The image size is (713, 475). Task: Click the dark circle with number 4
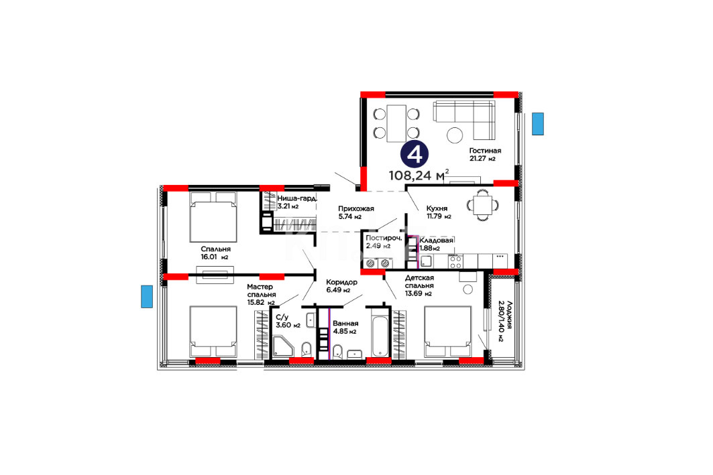pos(415,154)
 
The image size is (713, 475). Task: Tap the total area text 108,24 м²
pos(419,175)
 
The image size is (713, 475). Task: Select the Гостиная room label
pos(485,151)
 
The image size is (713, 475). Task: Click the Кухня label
pos(437,208)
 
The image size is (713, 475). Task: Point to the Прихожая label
pos(355,208)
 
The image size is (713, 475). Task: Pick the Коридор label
pos(341,282)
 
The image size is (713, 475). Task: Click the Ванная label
pos(345,324)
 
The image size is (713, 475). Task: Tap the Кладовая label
pos(436,241)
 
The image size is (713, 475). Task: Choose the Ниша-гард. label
pos(296,198)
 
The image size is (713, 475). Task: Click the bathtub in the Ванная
pos(380,333)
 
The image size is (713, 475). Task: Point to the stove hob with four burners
pos(455,261)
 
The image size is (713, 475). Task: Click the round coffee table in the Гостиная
pos(455,135)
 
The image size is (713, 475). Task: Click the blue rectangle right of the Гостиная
pos(538,123)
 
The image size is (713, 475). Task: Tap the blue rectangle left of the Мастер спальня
pos(146,297)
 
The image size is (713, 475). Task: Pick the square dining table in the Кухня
pos(482,205)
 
